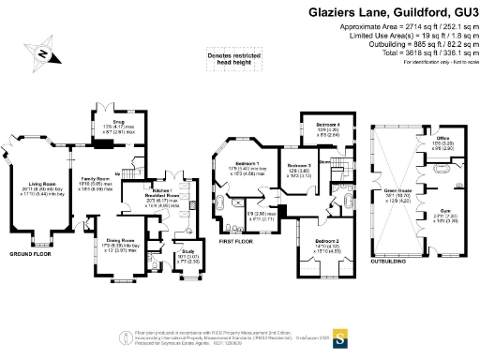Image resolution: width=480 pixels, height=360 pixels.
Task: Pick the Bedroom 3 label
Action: click(x=299, y=165)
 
